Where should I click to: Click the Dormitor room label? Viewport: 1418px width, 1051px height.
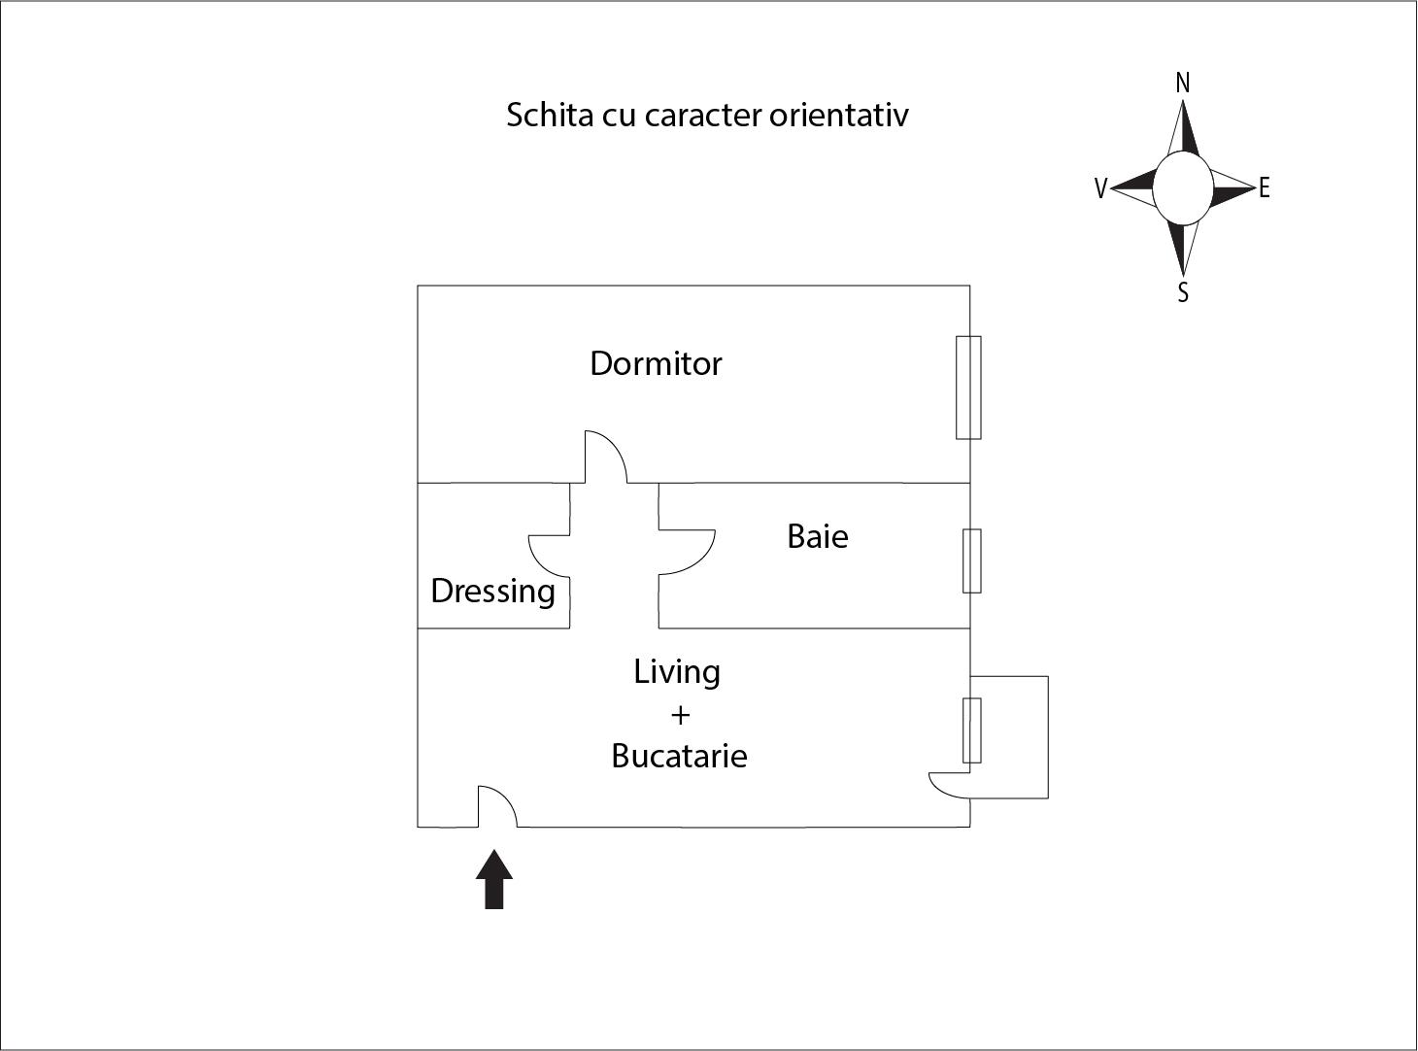pos(656,363)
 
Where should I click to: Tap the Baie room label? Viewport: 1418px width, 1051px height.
pos(817,536)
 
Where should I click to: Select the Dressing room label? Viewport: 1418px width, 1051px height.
pos(492,591)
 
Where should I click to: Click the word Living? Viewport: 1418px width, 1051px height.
pos(677,671)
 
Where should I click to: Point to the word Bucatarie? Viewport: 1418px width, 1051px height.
pos(679,756)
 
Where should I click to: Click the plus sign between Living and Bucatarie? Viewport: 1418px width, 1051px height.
pos(680,715)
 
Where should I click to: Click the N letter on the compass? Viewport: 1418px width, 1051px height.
pos(1182,84)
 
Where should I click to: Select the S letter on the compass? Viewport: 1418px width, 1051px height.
pos(1183,292)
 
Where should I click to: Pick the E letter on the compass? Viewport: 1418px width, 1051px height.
pos(1264,188)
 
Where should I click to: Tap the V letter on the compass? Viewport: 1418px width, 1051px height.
pos(1100,188)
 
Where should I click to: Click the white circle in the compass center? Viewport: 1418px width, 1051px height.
pos(1182,187)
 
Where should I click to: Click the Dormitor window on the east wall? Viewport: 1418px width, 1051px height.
pos(968,387)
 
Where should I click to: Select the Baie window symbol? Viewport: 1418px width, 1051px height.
pos(971,560)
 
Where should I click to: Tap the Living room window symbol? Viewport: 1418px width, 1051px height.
pos(971,729)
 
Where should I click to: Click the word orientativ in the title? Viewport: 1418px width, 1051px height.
pos(839,115)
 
